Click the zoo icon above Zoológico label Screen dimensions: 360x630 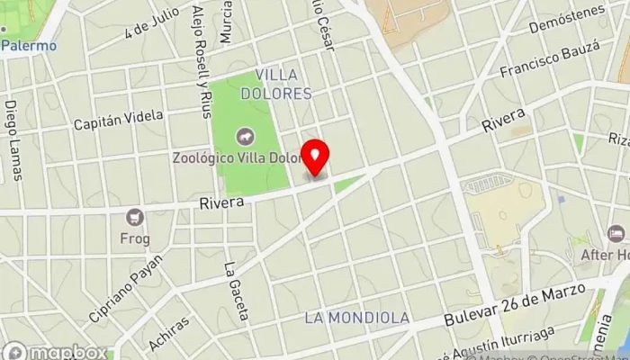tap(244, 137)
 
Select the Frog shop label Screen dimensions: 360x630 tap(135, 240)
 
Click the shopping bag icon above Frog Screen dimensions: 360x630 tap(135, 218)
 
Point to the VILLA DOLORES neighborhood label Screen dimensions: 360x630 tap(283, 84)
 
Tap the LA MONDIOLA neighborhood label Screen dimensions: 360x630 tap(356, 318)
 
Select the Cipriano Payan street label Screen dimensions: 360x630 tap(127, 289)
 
